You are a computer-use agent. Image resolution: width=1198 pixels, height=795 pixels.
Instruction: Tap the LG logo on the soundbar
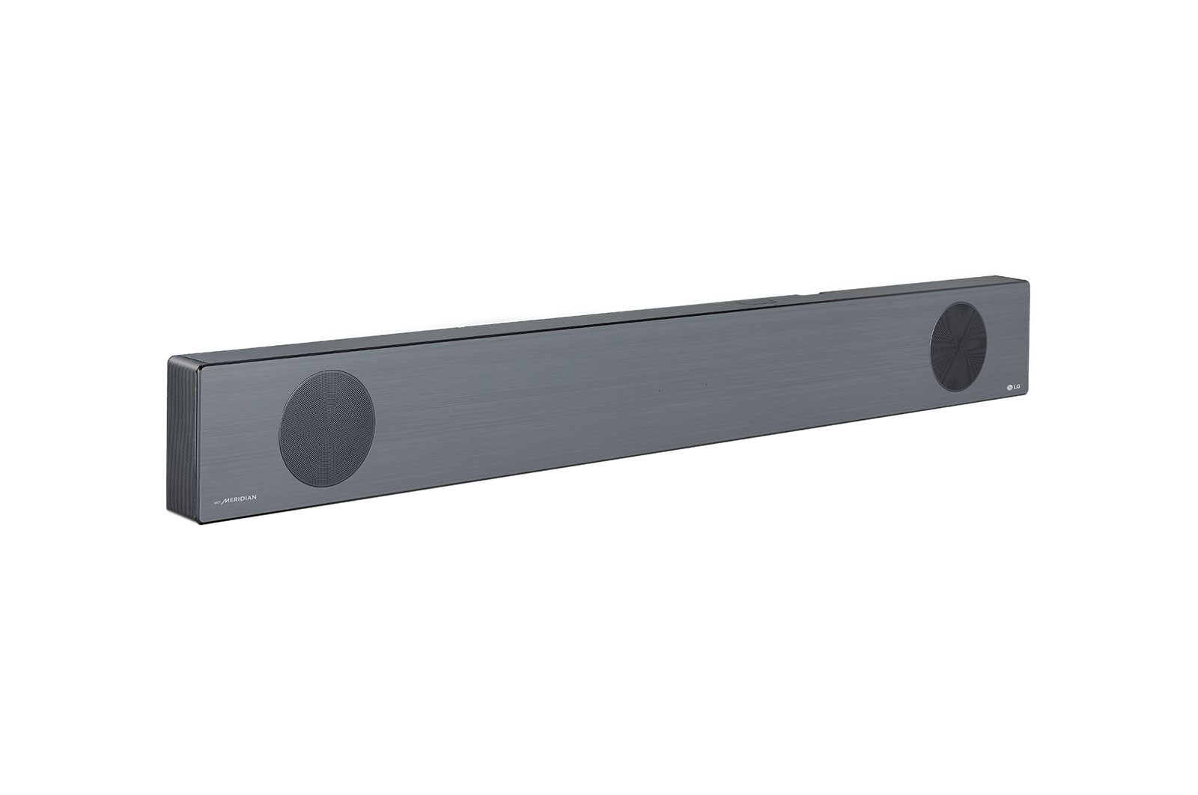pyautogui.click(x=1013, y=386)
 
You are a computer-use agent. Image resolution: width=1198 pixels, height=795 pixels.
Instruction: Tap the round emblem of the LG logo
pyautogui.click(x=1007, y=387)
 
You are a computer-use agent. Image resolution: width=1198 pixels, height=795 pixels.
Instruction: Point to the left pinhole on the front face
pyautogui.click(x=659, y=390)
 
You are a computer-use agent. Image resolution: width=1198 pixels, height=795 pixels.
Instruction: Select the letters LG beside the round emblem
pyautogui.click(x=1017, y=386)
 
